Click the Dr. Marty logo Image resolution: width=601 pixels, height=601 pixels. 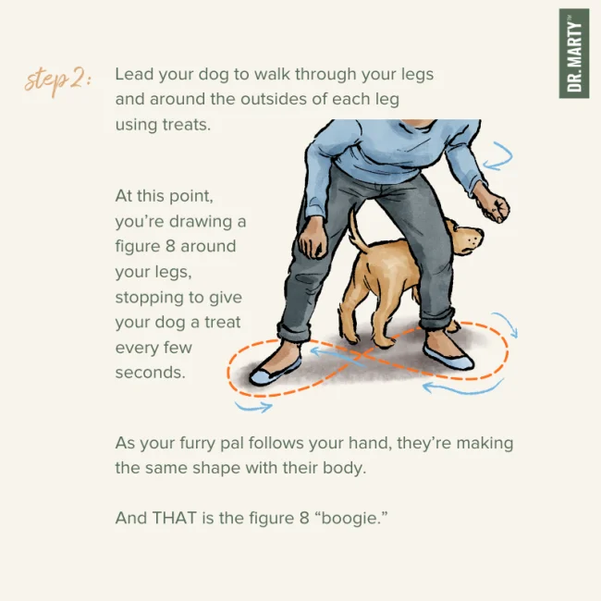[574, 54]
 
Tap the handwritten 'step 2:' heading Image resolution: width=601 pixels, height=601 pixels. [58, 81]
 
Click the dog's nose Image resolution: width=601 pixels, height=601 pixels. [479, 233]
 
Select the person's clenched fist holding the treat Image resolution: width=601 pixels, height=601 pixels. [495, 206]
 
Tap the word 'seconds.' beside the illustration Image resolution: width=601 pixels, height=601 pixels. [150, 373]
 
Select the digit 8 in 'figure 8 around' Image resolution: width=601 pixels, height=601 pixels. [170, 246]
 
